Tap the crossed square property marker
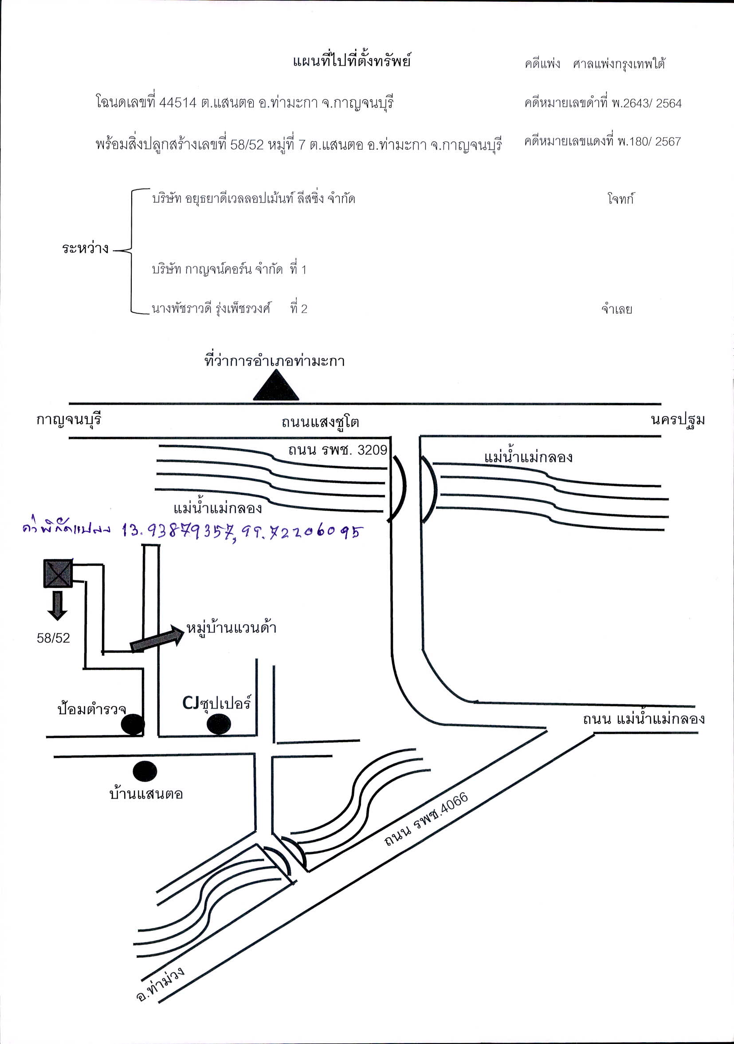click(x=58, y=573)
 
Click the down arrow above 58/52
click(x=57, y=605)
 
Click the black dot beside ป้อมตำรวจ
click(x=133, y=724)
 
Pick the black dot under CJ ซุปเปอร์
click(x=219, y=724)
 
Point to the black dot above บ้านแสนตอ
click(x=145, y=771)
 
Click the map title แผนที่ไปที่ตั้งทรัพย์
click(x=352, y=60)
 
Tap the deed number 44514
click(x=178, y=103)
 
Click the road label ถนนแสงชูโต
click(x=320, y=422)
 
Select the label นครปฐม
click(x=678, y=420)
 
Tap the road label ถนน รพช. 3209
click(x=338, y=450)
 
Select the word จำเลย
click(x=617, y=310)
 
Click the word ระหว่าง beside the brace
click(x=86, y=248)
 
